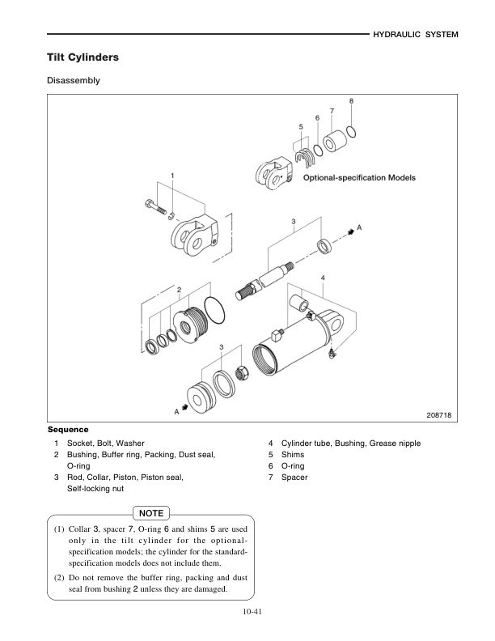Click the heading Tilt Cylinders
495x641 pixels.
pyautogui.click(x=83, y=58)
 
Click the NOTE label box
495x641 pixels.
pyautogui.click(x=151, y=513)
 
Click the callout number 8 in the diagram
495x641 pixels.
pyautogui.click(x=351, y=101)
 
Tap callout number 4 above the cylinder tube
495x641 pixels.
pyautogui.click(x=323, y=277)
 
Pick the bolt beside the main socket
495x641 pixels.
pyautogui.click(x=154, y=206)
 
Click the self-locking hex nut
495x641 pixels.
pyautogui.click(x=241, y=373)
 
